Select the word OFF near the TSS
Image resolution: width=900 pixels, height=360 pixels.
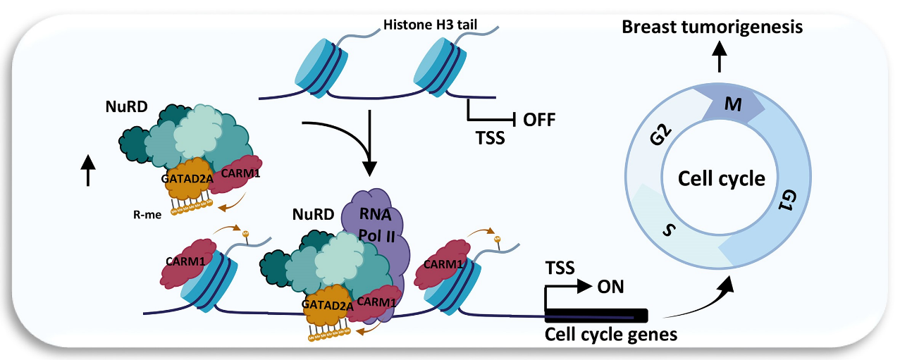pos(539,119)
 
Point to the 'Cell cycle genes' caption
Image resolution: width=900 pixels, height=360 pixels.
pos(611,333)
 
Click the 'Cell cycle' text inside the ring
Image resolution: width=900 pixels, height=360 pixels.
pos(721,179)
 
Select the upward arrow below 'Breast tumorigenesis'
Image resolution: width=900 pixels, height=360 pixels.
pos(718,56)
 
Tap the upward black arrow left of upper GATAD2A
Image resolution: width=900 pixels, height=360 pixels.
pos(89,170)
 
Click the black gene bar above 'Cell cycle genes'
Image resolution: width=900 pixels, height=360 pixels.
pos(596,314)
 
